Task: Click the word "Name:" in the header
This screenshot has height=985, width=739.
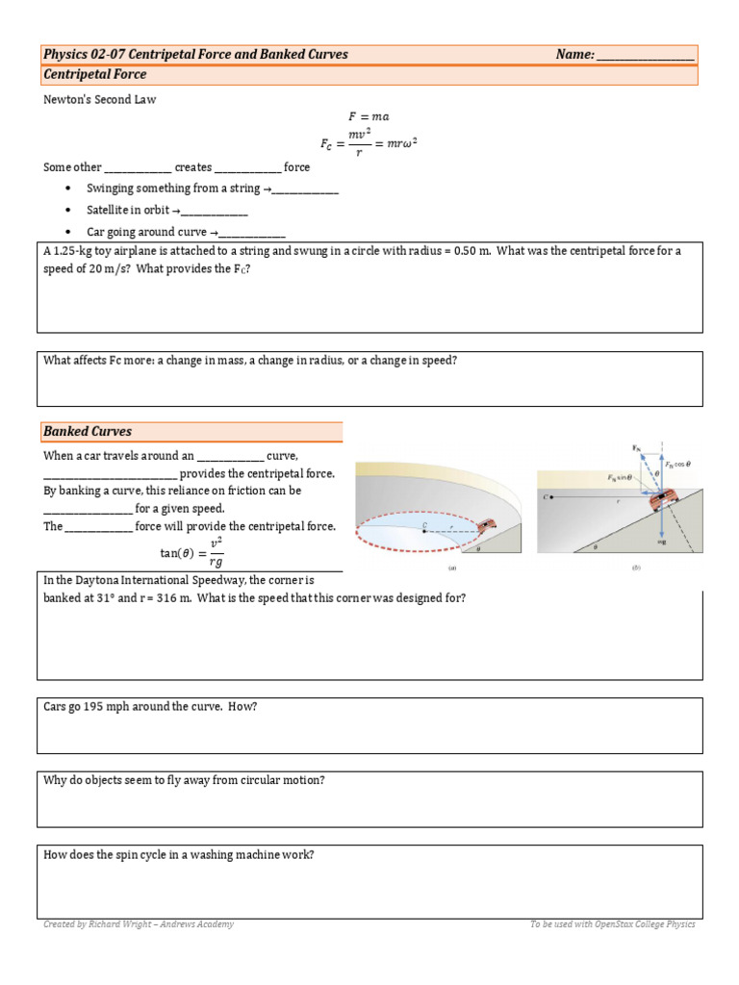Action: coord(574,55)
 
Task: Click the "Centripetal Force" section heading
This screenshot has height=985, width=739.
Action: coord(95,74)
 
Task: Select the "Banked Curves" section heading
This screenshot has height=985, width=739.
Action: coord(88,432)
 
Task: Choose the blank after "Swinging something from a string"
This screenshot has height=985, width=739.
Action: coord(305,189)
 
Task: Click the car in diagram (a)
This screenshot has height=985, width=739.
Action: coord(487,524)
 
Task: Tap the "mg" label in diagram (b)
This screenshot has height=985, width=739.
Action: coord(663,543)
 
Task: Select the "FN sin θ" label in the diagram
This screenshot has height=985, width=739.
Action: coord(622,477)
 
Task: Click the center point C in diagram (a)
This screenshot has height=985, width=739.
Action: coord(423,525)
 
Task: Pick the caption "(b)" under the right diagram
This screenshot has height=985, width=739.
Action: coord(635,568)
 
